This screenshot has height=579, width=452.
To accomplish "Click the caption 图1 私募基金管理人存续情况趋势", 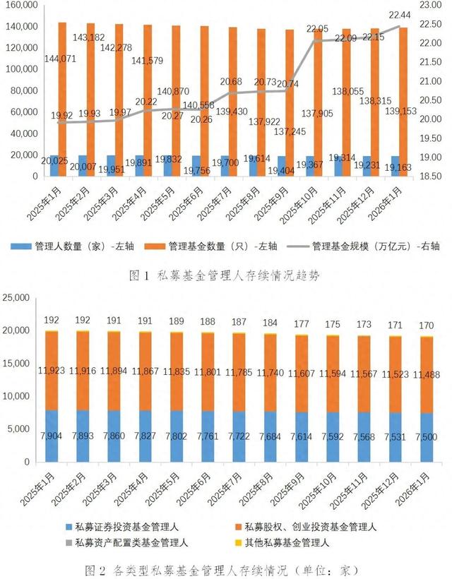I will pos(225,275).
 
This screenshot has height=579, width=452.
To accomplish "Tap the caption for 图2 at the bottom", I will pos(226,569).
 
